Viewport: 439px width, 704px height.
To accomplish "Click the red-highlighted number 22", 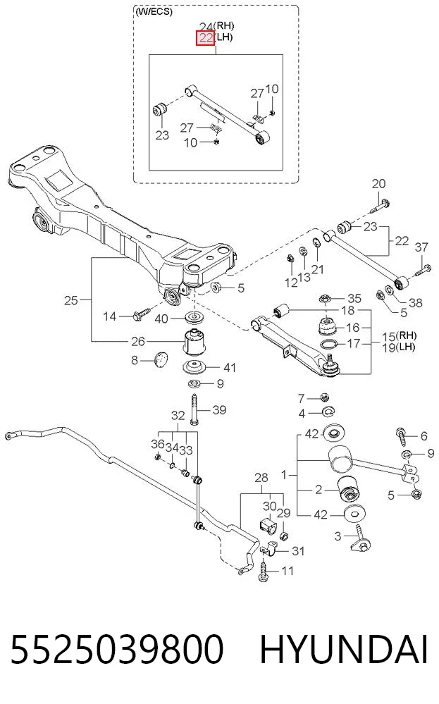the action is click(x=206, y=38).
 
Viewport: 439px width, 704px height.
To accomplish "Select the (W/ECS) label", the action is click(x=154, y=12).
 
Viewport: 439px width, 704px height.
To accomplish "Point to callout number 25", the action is click(x=71, y=300).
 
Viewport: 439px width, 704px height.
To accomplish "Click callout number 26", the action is click(x=138, y=342).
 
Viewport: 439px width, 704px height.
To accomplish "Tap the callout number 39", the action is click(x=220, y=410).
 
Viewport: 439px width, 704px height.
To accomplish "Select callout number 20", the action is click(x=379, y=184).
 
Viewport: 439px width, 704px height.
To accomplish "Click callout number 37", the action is click(x=421, y=247).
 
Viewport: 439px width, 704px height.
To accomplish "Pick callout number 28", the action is click(x=261, y=478).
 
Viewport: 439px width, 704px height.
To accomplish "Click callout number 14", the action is click(x=109, y=316).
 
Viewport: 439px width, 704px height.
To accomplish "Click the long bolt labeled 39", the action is click(x=194, y=409).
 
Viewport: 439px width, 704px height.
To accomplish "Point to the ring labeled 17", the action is click(x=329, y=345).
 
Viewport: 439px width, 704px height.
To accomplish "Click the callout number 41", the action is click(x=230, y=368).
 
